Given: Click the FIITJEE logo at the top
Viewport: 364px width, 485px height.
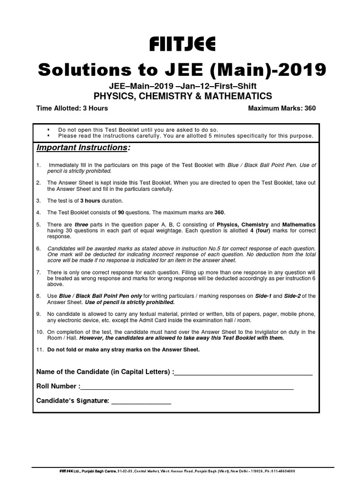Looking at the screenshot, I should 182,45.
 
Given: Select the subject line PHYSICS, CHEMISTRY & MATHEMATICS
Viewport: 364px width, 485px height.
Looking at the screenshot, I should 182,96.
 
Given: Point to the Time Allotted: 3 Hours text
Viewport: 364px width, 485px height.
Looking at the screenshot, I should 72,108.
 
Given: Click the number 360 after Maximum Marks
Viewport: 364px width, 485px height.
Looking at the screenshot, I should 310,108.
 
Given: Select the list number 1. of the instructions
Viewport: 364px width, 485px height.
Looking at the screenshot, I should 39,165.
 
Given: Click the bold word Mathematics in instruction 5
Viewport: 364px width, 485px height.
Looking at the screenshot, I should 299,224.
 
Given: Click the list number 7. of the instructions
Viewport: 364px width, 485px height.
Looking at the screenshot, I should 39,273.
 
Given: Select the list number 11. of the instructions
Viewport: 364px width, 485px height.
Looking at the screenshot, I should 40,350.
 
